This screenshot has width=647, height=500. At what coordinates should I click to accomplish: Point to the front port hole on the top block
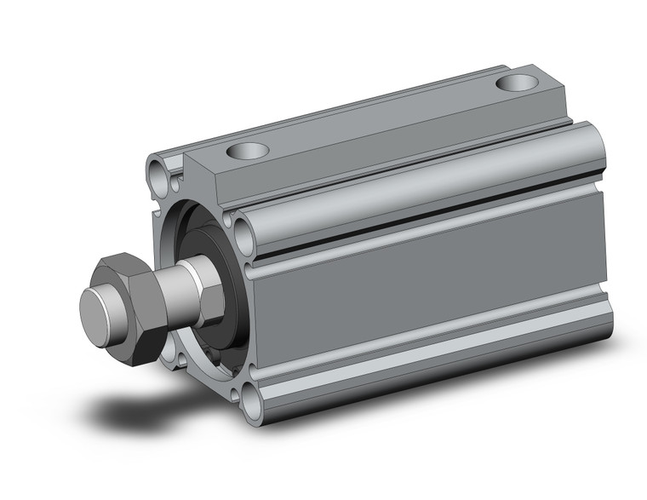tap(248, 152)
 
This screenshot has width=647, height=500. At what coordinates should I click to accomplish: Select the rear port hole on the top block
tap(517, 83)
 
